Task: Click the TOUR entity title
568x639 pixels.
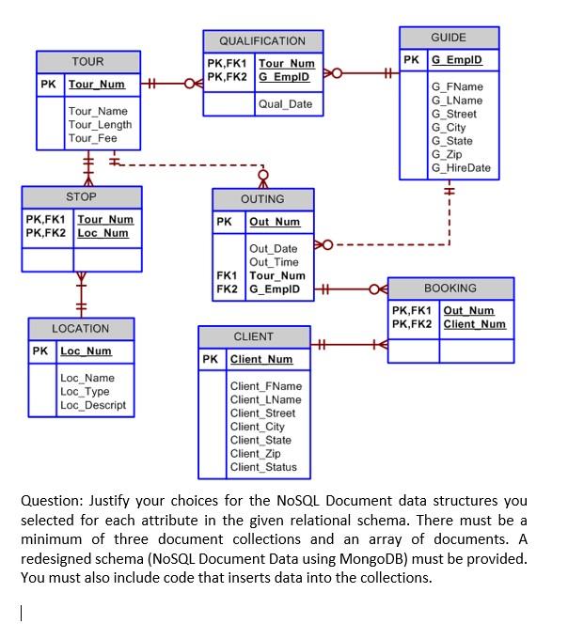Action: click(87, 61)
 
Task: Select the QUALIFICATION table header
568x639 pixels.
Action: click(261, 40)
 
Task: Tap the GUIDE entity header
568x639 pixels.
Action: click(448, 37)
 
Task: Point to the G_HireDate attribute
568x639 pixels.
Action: click(460, 167)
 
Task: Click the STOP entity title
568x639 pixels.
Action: click(81, 197)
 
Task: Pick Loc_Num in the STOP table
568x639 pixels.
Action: click(103, 232)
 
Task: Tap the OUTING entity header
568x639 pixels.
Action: click(262, 199)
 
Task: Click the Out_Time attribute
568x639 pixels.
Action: click(273, 262)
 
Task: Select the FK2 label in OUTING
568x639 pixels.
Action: click(227, 289)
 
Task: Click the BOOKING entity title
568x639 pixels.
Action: click(450, 288)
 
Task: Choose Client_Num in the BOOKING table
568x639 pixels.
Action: click(474, 324)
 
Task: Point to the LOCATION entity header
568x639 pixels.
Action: click(81, 329)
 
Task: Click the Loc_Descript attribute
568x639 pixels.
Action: click(92, 405)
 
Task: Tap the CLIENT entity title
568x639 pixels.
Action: click(253, 336)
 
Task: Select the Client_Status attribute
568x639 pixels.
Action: click(263, 467)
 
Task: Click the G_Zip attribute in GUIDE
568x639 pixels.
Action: click(446, 154)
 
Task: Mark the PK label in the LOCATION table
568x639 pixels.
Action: click(39, 351)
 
